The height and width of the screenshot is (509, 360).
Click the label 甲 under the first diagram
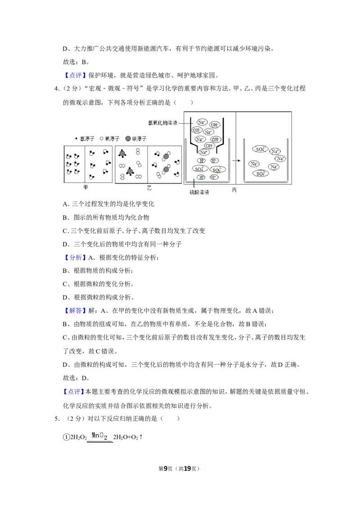coord(85,188)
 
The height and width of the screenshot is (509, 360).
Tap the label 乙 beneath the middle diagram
coord(149,188)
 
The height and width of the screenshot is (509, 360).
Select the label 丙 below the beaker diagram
coord(234,190)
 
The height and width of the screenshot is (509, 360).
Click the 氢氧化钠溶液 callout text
coord(162,123)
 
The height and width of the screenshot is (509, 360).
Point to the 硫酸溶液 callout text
coord(199,192)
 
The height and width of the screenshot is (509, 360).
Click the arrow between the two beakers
coord(236,161)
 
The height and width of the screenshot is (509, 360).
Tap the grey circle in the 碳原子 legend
coord(128,138)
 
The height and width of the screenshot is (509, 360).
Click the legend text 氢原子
coord(87,138)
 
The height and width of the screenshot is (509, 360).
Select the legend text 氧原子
coord(112,138)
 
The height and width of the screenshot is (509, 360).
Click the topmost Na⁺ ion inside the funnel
coord(202,122)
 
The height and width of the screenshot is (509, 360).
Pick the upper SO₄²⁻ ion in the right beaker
coord(261,149)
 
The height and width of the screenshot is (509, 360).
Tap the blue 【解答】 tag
coord(76,311)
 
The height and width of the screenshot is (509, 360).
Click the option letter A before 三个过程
coord(66,204)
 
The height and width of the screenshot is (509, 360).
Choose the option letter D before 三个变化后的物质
coord(66,244)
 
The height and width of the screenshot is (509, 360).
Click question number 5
coord(57,419)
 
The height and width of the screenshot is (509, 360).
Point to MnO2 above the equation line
coord(99,436)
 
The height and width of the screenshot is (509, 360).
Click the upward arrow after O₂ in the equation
coord(141,437)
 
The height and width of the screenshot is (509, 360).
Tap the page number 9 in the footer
coord(166,469)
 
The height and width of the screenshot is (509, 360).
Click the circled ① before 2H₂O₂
coord(66,437)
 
